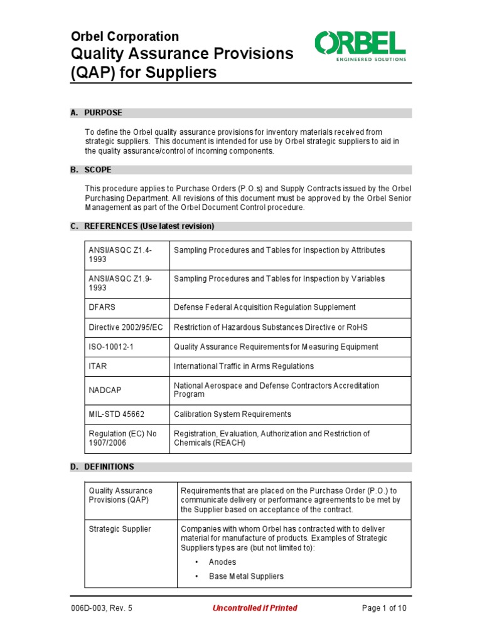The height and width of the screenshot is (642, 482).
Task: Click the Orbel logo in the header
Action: pyautogui.click(x=360, y=46)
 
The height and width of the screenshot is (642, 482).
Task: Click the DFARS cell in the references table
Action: pyautogui.click(x=102, y=307)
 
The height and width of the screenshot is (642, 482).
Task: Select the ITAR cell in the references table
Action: pyautogui.click(x=97, y=366)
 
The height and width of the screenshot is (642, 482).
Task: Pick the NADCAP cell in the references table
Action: pyautogui.click(x=105, y=390)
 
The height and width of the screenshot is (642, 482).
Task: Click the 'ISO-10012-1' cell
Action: pyautogui.click(x=110, y=347)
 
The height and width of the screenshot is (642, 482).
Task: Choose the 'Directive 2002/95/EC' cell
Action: pyautogui.click(x=126, y=327)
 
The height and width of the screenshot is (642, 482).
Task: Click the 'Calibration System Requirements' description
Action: pyautogui.click(x=232, y=414)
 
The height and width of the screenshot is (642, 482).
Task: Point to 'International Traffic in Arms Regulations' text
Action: pyautogui.click(x=244, y=366)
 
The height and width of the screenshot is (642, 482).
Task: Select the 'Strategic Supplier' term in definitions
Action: pyautogui.click(x=120, y=529)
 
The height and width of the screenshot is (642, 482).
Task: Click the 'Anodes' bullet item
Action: pyautogui.click(x=222, y=562)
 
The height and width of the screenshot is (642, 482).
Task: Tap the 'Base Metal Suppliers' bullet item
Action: pyautogui.click(x=246, y=576)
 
